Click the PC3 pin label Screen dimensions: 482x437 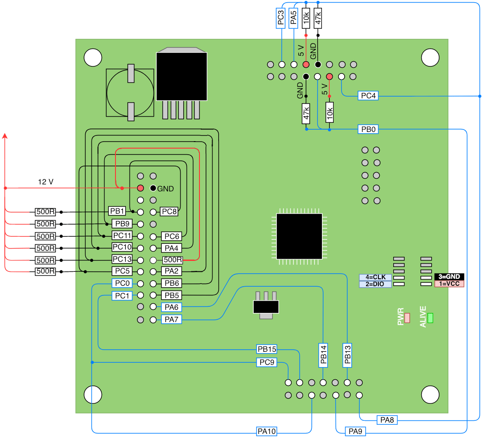tap(281, 18)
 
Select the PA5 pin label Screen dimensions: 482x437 tap(293, 18)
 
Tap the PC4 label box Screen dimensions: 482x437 tap(368, 96)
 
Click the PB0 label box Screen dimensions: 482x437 tap(368, 129)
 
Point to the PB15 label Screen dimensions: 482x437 tap(267, 349)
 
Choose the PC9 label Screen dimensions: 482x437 tap(267, 362)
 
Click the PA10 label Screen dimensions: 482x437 tap(267, 431)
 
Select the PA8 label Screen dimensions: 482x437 tap(387, 420)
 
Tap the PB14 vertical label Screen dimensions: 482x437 tap(323, 355)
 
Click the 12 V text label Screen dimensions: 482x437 tap(46, 182)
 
